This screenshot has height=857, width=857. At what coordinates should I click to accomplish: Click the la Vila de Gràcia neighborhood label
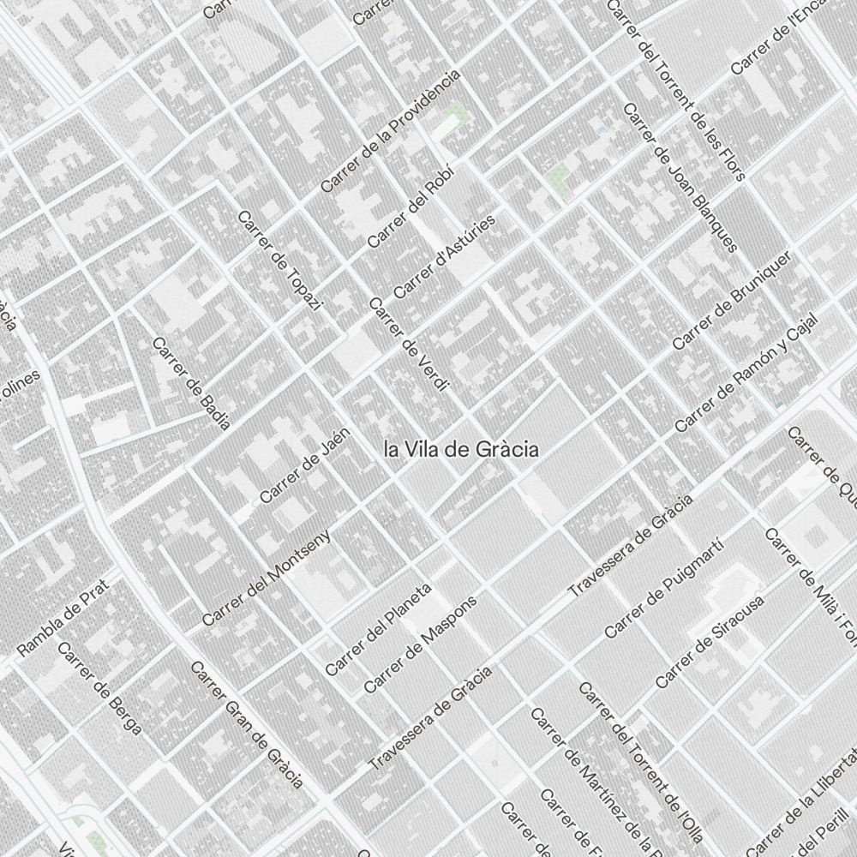461,449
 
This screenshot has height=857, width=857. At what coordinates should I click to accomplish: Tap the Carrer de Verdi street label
409,344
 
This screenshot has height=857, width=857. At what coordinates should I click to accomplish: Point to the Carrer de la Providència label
390,130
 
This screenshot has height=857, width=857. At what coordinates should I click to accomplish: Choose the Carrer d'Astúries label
445,256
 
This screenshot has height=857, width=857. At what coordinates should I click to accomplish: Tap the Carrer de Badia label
190,382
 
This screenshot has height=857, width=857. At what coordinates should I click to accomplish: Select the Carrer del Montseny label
267,576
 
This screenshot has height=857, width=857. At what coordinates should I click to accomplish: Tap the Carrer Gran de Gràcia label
246,723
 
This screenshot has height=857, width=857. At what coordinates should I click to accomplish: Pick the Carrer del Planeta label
378,629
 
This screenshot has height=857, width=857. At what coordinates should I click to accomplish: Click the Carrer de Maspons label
420,641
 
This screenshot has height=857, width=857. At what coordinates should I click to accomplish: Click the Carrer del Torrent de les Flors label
676,88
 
